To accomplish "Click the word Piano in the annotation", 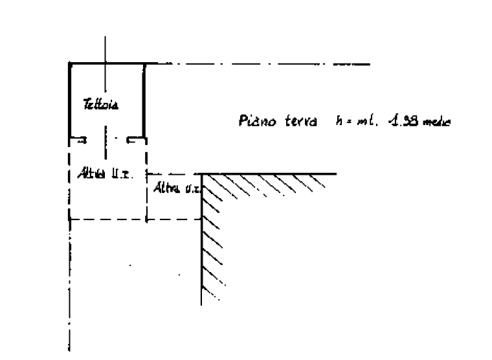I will pos(258,120).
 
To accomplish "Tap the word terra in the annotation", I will pos(302,120).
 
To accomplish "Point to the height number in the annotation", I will pos(404,120).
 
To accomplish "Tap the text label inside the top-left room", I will pos(102,104).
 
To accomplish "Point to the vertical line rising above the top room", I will pos(106,49).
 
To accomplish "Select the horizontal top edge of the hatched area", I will pos(272,174).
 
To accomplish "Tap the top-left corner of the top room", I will pos(70,64).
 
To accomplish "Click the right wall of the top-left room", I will pos(145,100).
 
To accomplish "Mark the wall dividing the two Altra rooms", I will pos(146,194).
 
